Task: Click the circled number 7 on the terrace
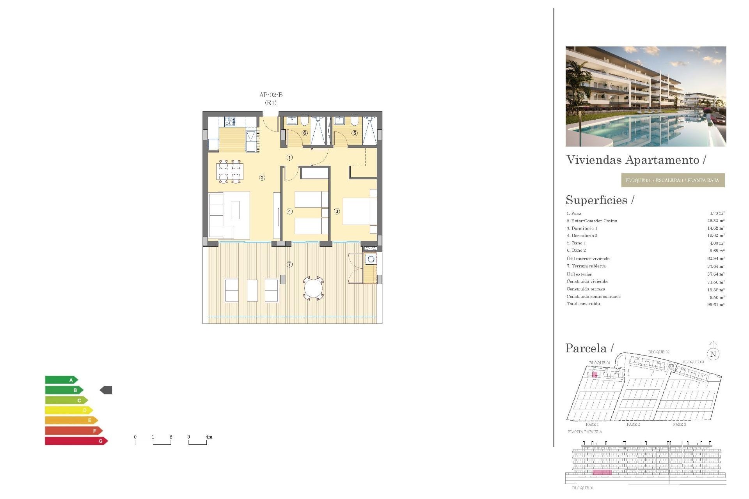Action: (289, 264)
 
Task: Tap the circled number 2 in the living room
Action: (262, 178)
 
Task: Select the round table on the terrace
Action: (313, 289)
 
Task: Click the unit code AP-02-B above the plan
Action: (271, 95)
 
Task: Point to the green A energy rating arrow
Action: (62, 380)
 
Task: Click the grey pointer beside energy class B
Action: (106, 390)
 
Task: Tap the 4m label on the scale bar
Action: (209, 437)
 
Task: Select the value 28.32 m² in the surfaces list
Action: (715, 221)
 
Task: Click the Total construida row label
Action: (583, 304)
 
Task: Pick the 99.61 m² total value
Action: (715, 304)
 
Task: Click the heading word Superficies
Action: (596, 200)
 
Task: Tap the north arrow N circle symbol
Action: (713, 354)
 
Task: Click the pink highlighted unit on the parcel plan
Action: (595, 375)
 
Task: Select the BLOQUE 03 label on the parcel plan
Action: (693, 362)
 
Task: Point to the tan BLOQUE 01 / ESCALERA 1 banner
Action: (673, 180)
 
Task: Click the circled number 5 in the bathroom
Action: (355, 133)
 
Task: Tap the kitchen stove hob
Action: (230, 122)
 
